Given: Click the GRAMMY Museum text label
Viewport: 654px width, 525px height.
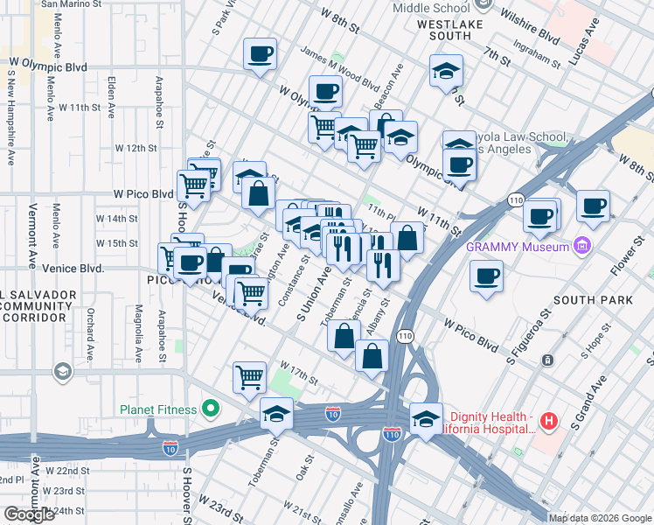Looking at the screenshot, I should point(518,246).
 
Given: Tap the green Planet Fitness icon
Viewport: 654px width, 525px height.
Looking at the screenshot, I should point(210,408).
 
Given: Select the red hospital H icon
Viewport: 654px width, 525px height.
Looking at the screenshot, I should point(548,422).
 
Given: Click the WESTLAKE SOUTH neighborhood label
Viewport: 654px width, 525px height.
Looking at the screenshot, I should point(451,31).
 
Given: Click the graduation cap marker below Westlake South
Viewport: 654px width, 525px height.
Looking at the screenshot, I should point(446,71).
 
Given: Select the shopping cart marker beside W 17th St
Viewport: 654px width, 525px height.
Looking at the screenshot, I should point(249,377).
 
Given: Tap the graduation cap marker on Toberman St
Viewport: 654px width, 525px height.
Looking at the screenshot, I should point(276,412).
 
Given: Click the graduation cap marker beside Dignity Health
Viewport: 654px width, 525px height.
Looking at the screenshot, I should point(426,417).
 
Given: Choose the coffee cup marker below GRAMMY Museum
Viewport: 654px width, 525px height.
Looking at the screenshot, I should point(486,276).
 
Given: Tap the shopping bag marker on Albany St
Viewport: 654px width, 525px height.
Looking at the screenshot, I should point(372,355).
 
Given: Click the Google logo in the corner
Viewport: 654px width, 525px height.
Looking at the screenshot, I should point(29,514).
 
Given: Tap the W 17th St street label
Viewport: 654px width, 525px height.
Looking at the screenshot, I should point(298,371).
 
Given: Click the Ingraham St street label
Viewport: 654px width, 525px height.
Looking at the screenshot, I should point(538,59).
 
